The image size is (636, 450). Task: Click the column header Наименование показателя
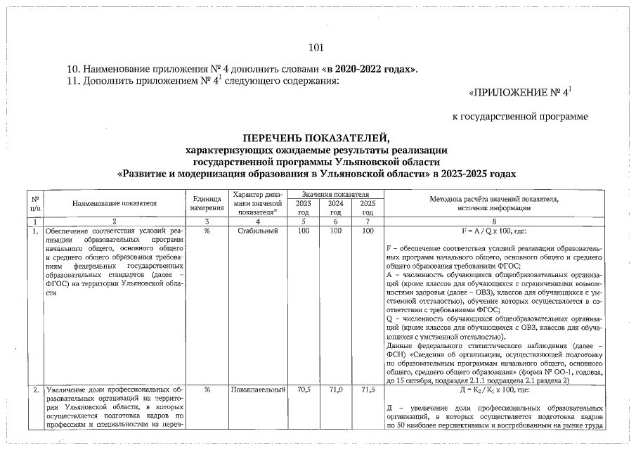[x=114, y=202]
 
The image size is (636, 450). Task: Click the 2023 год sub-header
[x=304, y=207]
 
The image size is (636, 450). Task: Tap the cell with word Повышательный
[x=258, y=389]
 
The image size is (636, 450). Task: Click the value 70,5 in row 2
[x=304, y=389]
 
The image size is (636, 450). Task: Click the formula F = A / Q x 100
[x=498, y=230]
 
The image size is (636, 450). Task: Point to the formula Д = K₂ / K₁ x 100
[x=498, y=389]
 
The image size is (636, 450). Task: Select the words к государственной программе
[x=519, y=115]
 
